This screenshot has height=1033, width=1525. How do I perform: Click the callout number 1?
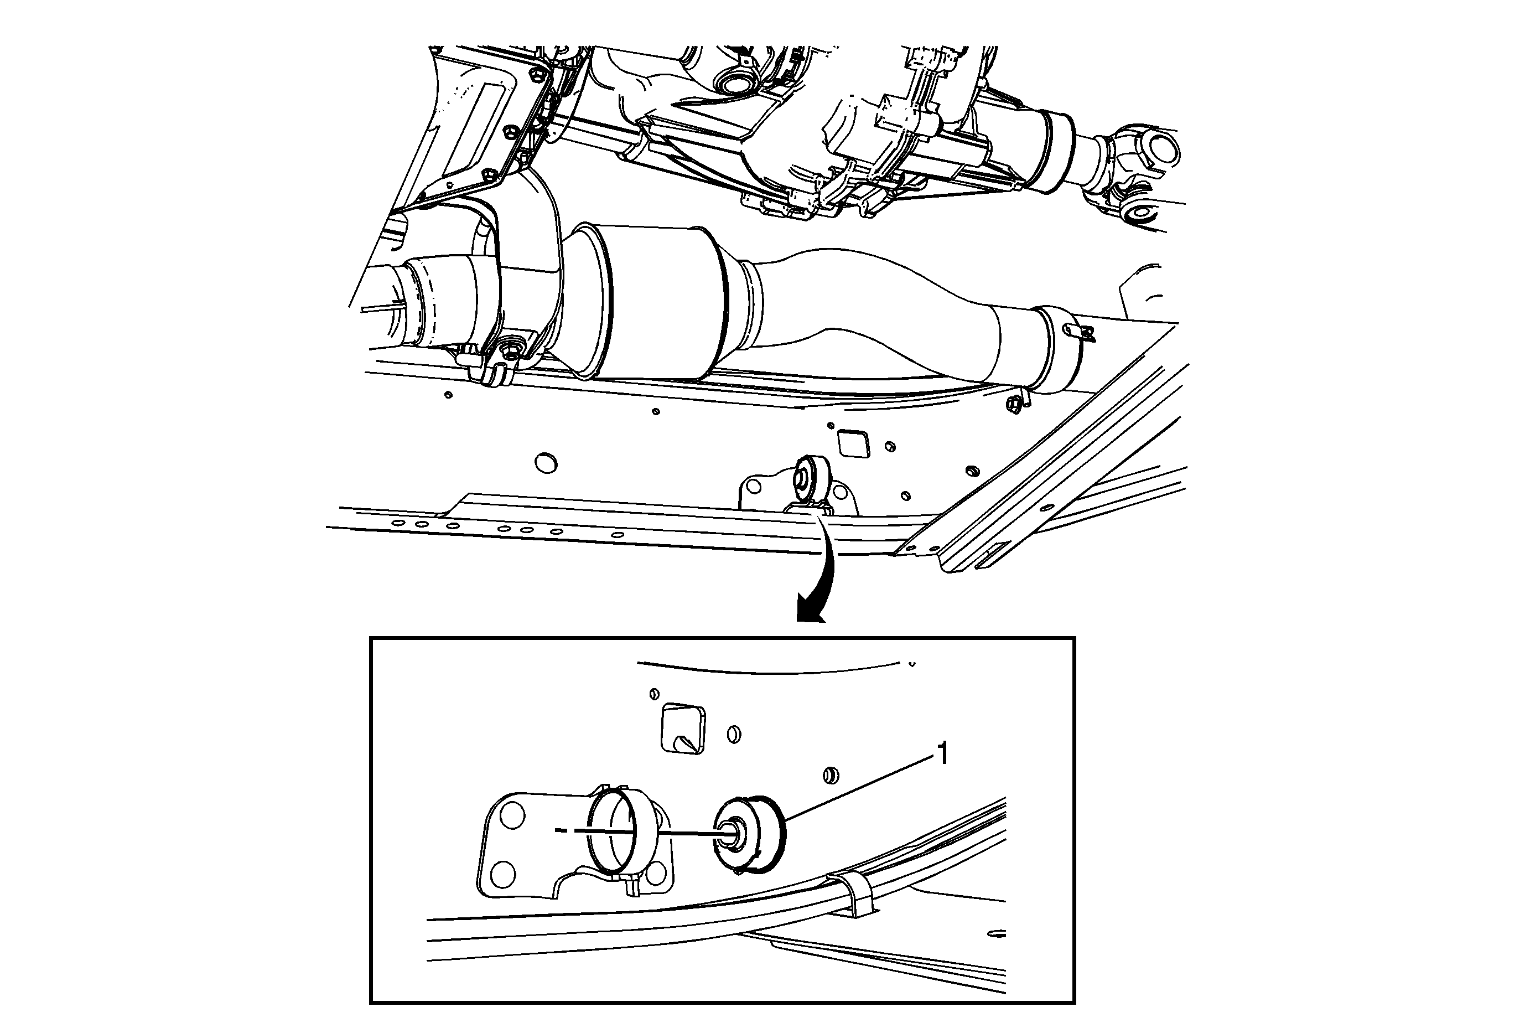coord(943,754)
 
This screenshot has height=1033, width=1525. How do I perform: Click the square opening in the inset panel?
coord(682,728)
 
